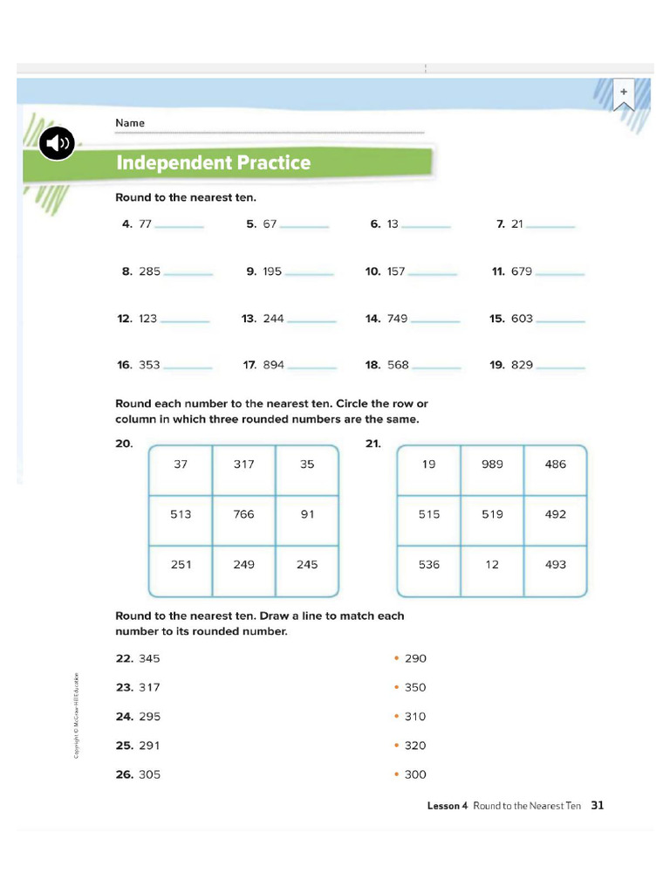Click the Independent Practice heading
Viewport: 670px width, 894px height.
214,163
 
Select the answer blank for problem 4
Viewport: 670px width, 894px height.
179,225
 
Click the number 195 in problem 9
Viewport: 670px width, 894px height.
272,272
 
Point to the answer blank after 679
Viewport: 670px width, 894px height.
560,272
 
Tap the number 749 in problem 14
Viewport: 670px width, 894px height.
397,319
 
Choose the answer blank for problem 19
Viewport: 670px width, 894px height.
560,366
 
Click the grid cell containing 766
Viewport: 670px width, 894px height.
244,514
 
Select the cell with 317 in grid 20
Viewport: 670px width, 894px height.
244,464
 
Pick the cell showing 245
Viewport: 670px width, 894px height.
307,565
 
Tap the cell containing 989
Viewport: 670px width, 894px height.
492,464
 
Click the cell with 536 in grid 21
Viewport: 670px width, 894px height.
429,565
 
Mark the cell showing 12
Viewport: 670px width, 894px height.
492,565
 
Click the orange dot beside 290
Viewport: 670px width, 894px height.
396,658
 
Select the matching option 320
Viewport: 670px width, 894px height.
415,746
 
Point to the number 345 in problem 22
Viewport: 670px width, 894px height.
149,658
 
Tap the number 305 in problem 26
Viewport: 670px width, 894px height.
149,774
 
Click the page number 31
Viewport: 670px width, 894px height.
598,806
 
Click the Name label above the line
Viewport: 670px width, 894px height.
130,123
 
